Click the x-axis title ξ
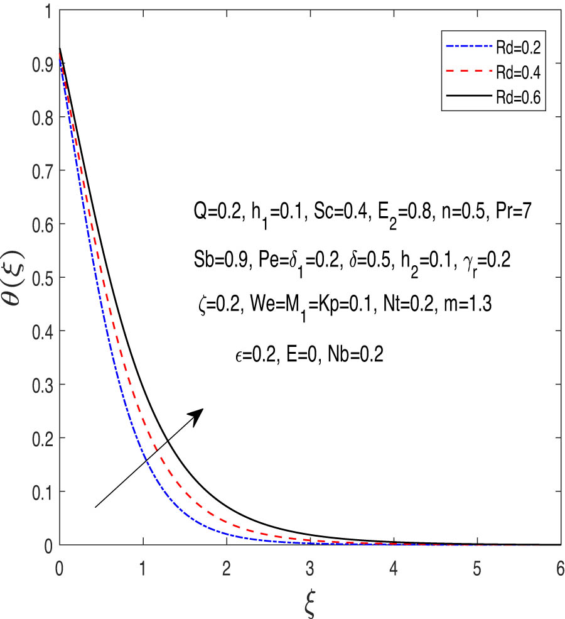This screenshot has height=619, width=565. [x=309, y=603]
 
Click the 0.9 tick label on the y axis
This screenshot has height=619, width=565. [x=41, y=64]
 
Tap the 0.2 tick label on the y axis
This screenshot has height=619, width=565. [x=41, y=438]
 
